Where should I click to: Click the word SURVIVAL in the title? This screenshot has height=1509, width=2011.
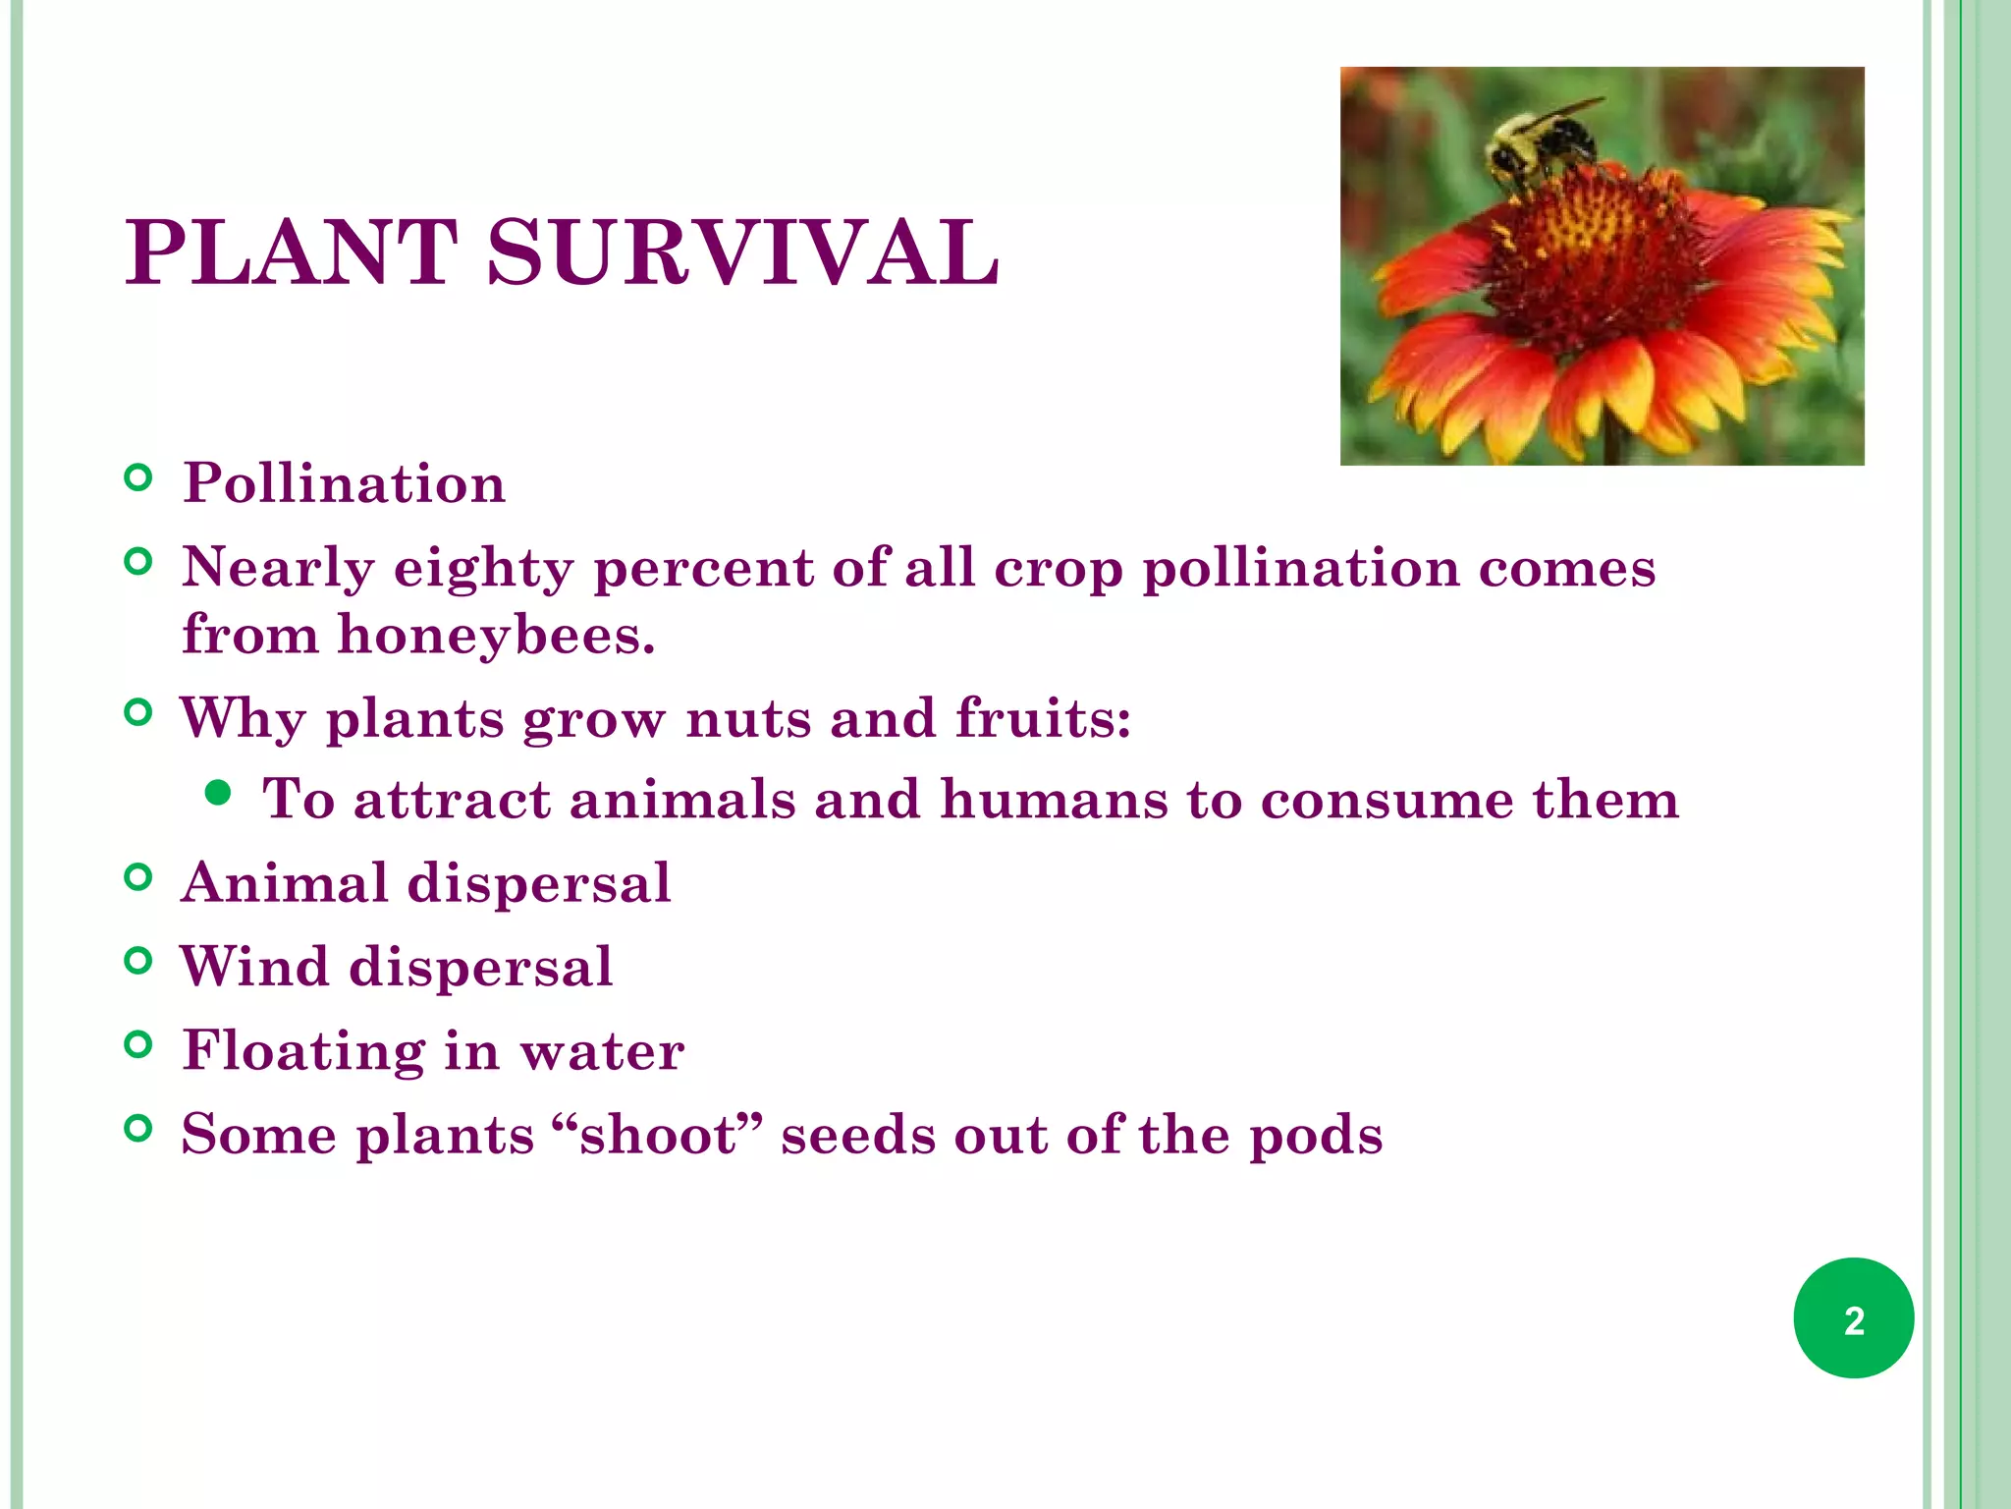(743, 253)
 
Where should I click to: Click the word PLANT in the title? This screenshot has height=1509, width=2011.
(292, 253)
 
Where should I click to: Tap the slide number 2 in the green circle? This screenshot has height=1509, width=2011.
(1853, 1319)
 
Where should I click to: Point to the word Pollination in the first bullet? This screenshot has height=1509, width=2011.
(344, 483)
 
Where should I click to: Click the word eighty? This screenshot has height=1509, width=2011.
(483, 569)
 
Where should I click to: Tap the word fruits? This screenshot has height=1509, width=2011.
(1043, 718)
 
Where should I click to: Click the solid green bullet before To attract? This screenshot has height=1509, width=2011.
(219, 793)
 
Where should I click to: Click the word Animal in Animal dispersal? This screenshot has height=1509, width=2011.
(286, 882)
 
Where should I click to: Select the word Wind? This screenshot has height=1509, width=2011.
(254, 966)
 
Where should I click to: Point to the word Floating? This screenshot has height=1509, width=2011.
(303, 1051)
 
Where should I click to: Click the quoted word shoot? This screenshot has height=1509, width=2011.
(658, 1135)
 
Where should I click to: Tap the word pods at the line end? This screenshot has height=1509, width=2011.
(1316, 1137)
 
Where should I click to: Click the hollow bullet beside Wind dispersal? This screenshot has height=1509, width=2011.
(139, 961)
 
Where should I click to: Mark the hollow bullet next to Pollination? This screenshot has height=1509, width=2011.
(139, 478)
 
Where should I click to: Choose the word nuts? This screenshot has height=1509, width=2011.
(748, 718)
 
